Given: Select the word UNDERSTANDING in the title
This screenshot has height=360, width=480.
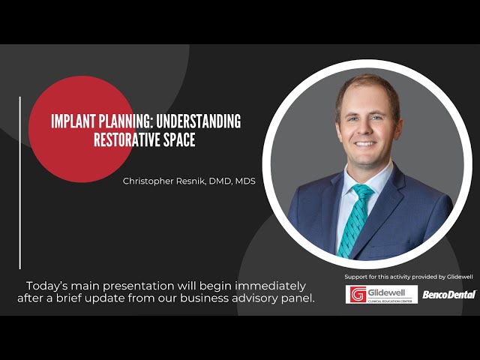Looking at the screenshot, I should tap(200, 121).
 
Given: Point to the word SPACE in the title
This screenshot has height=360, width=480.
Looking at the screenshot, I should tap(178, 139).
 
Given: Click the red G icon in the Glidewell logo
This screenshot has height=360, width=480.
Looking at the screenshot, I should tap(357, 294).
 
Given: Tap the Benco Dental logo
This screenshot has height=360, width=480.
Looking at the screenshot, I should tap(448, 294).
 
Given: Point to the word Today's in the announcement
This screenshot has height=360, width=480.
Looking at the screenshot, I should tap(46, 286).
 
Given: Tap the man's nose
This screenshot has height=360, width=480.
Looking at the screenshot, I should tap(364, 125).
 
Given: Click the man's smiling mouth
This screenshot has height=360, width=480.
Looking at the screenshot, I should tap(364, 142).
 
